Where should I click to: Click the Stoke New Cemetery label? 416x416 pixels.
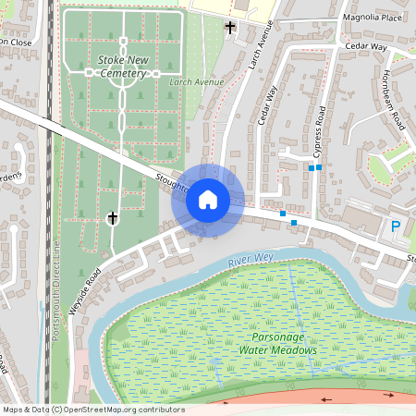tap(122, 67)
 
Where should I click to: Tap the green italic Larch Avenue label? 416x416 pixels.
tap(197, 82)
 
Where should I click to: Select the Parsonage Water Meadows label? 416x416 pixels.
tap(277, 344)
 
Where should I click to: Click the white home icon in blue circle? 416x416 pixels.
tap(208, 199)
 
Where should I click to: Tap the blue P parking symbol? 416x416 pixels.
tap(396, 226)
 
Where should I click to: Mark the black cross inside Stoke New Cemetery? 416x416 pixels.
tap(113, 217)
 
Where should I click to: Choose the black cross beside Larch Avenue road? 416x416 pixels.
tap(230, 28)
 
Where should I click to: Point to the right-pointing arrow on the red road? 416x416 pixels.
tap(388, 395)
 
